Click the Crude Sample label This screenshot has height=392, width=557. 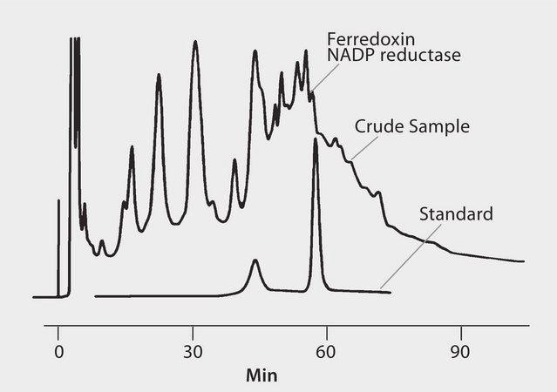coord(411,126)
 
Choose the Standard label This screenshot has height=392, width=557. coord(456,214)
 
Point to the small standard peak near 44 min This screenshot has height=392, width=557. coord(255,260)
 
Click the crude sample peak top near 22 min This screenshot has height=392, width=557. coord(159,76)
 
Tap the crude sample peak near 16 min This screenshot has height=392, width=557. coord(132,147)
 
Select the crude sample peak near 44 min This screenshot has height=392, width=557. coord(255,51)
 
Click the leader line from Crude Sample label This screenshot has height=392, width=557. coord(363,148)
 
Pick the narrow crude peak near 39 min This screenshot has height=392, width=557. coord(234,161)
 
